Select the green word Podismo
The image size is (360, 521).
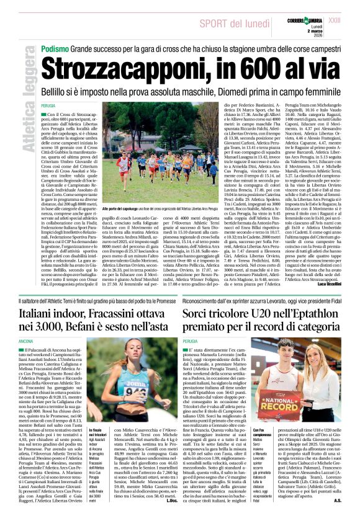(55, 48)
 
